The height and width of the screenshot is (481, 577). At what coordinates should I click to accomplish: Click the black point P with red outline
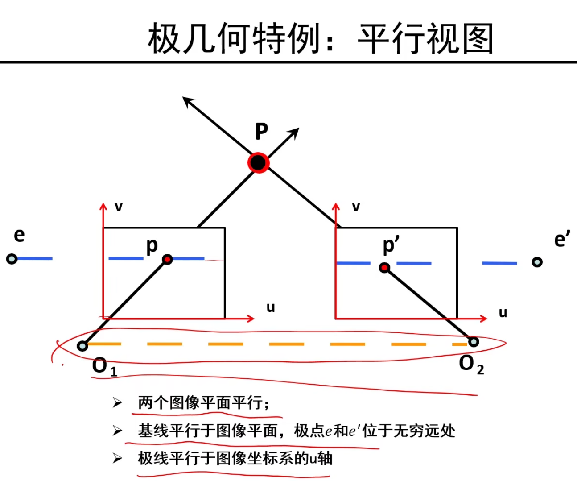[258, 163]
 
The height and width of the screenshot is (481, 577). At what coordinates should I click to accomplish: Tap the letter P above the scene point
[261, 132]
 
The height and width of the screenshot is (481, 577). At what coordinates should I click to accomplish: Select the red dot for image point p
[167, 259]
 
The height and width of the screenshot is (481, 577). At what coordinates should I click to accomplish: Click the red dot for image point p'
[384, 267]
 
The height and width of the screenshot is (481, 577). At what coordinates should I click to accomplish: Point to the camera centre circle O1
[82, 346]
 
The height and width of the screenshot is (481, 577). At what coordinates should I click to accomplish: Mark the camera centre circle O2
[473, 342]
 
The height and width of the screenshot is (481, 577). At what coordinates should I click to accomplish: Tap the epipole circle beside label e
[12, 259]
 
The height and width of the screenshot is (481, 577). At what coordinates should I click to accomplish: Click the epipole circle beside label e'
[537, 262]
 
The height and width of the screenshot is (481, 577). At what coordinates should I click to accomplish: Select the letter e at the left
[19, 235]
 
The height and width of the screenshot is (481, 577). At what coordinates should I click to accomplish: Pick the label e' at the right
[562, 240]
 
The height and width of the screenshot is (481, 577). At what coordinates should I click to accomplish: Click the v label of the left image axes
[118, 207]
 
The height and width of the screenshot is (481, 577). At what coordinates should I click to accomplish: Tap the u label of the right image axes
[503, 313]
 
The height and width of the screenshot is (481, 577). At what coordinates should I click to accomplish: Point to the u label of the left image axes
[271, 307]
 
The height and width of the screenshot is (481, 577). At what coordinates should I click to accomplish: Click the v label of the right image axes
[355, 207]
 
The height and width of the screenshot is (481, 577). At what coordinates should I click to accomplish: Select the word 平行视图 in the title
[425, 39]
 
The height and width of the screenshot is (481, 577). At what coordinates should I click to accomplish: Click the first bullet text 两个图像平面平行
[203, 403]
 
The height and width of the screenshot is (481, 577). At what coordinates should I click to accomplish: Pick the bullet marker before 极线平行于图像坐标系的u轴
[117, 458]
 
